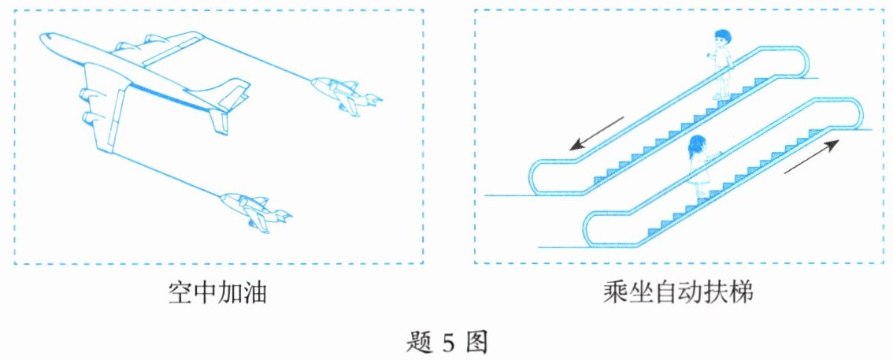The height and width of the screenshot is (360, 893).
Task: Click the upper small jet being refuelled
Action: (345, 94)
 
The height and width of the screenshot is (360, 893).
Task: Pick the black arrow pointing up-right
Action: (811, 156)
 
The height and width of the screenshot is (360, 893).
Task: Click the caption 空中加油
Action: (218, 295)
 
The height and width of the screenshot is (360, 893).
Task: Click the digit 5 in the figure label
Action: (447, 343)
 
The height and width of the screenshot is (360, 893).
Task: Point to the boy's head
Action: (722, 39)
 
